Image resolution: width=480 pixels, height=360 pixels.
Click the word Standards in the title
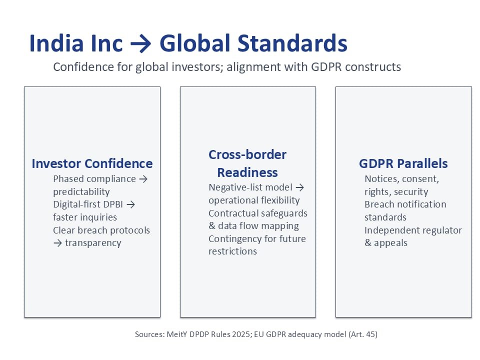(292, 43)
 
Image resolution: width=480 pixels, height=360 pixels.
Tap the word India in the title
(56, 43)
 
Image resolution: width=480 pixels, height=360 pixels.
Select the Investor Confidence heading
(92, 163)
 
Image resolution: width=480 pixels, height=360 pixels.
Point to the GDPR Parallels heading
(403, 163)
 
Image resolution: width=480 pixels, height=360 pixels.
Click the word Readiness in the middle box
(247, 172)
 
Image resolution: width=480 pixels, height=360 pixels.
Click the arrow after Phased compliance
(143, 179)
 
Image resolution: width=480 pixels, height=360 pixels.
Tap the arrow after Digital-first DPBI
(130, 204)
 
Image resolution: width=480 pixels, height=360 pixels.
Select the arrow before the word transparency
(57, 243)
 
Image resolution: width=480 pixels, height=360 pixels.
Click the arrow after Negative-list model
(300, 187)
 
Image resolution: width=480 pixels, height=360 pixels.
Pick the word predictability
(81, 192)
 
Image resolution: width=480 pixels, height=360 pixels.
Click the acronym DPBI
(113, 204)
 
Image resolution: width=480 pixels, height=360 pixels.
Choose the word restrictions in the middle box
(232, 251)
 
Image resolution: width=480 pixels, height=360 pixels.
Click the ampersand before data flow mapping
(212, 226)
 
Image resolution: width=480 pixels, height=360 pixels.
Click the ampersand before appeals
(367, 243)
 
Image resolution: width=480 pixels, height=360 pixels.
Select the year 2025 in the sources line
(241, 334)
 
